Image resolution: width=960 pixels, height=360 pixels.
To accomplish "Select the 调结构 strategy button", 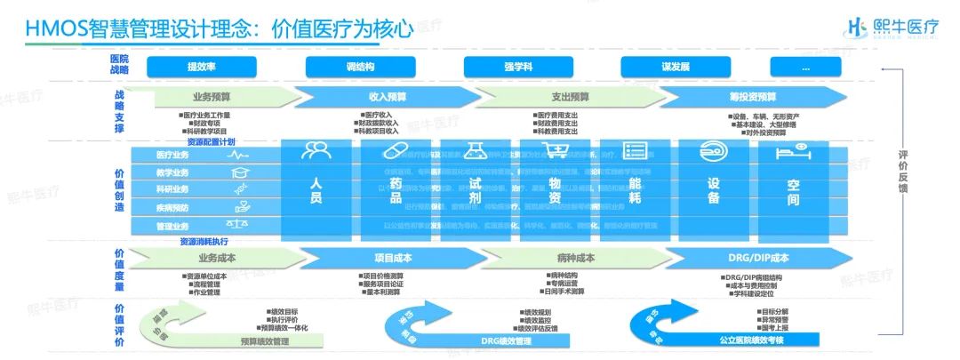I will (359, 67).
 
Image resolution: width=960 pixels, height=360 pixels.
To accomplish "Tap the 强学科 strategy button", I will (516, 67).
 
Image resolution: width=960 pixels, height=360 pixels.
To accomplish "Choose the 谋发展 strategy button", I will (676, 67).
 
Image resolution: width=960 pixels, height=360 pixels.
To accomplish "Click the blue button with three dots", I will (806, 67).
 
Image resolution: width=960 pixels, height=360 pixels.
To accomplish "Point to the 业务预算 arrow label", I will (211, 97).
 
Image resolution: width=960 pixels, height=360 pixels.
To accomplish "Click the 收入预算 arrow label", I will (388, 97).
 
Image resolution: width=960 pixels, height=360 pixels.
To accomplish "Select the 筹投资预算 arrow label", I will (752, 97).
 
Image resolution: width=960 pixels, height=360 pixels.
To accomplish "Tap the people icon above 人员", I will (316, 151).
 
